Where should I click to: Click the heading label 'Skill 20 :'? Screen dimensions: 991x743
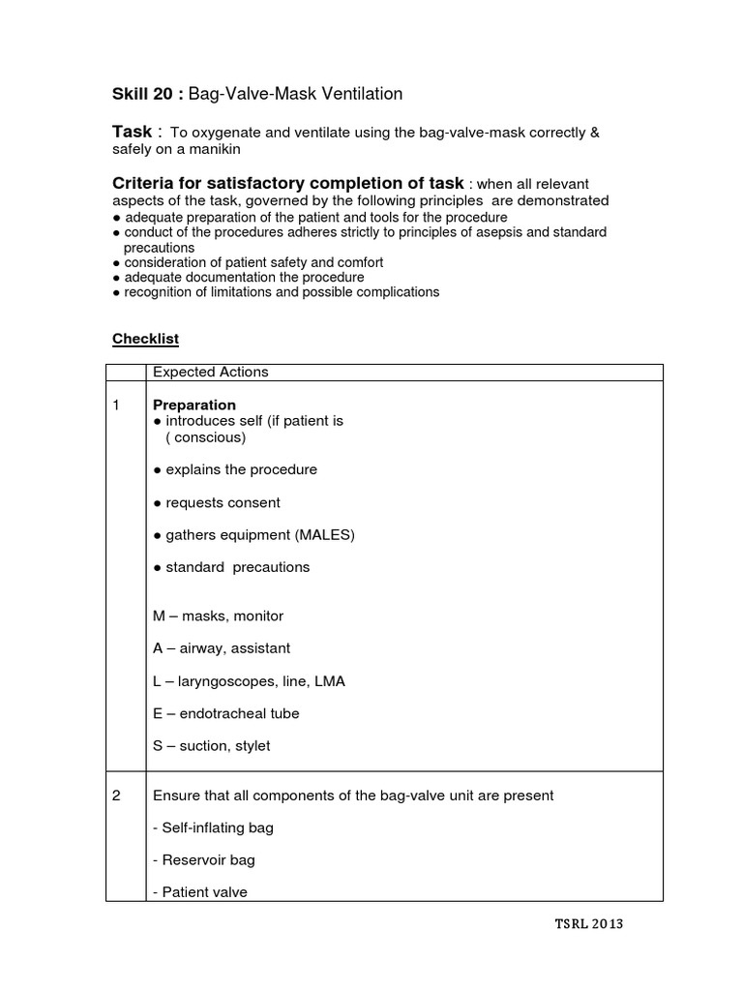(x=148, y=94)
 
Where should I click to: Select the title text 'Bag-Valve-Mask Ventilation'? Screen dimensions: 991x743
(x=295, y=94)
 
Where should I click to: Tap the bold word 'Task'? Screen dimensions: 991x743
(x=133, y=132)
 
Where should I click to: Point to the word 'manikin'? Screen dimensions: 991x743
(x=212, y=150)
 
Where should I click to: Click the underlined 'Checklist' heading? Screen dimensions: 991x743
(x=145, y=339)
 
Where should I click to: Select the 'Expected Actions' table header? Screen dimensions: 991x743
(x=210, y=372)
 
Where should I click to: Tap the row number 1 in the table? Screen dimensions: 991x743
(x=116, y=405)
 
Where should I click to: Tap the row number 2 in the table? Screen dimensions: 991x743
(x=116, y=796)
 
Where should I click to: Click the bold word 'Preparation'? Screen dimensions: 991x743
(x=193, y=405)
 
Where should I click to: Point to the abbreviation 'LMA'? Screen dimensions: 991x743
(x=329, y=681)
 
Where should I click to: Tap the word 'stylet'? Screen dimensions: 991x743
(x=250, y=746)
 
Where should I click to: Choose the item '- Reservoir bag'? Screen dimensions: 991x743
(x=204, y=859)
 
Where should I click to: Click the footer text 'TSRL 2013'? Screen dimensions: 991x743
(x=589, y=923)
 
